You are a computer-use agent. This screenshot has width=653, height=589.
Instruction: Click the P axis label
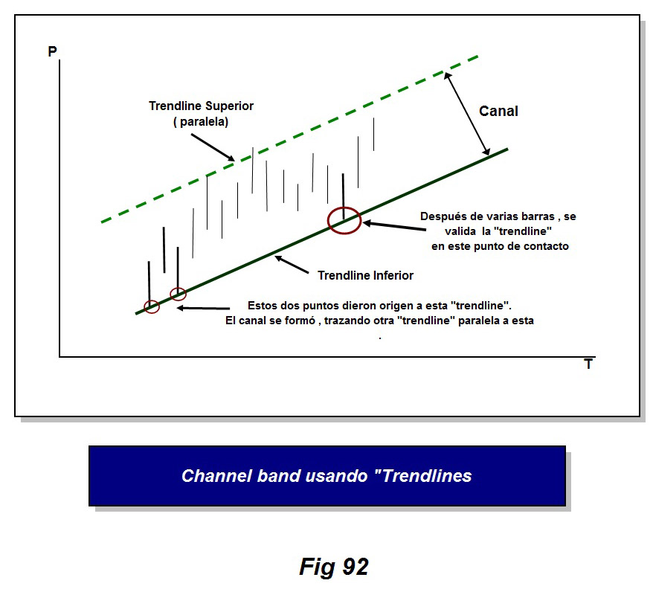pyautogui.click(x=52, y=52)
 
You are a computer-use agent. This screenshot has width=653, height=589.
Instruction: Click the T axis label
pyautogui.click(x=588, y=364)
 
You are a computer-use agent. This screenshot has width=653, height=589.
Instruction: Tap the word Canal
pyautogui.click(x=498, y=111)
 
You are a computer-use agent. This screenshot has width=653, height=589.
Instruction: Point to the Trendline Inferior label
pyautogui.click(x=365, y=275)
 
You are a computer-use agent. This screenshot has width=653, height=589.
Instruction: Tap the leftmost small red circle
pyautogui.click(x=152, y=306)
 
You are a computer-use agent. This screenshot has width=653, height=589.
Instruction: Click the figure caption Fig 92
pyautogui.click(x=333, y=567)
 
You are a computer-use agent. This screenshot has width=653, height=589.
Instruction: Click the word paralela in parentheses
pyautogui.click(x=201, y=121)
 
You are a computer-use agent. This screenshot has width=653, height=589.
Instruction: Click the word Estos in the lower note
pyautogui.click(x=262, y=306)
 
